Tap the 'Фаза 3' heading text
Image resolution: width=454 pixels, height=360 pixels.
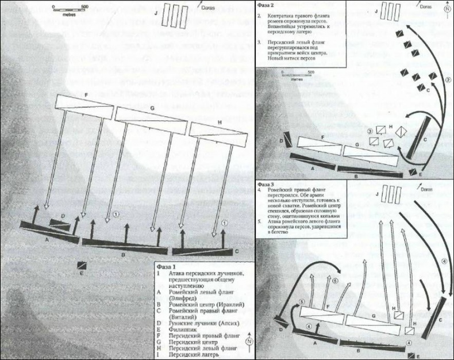point(268,183)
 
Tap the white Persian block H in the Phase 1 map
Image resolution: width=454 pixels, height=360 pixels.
point(214,131)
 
